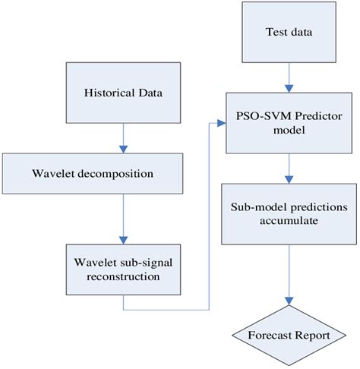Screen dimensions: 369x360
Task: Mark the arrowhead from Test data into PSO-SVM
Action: (x=288, y=88)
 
